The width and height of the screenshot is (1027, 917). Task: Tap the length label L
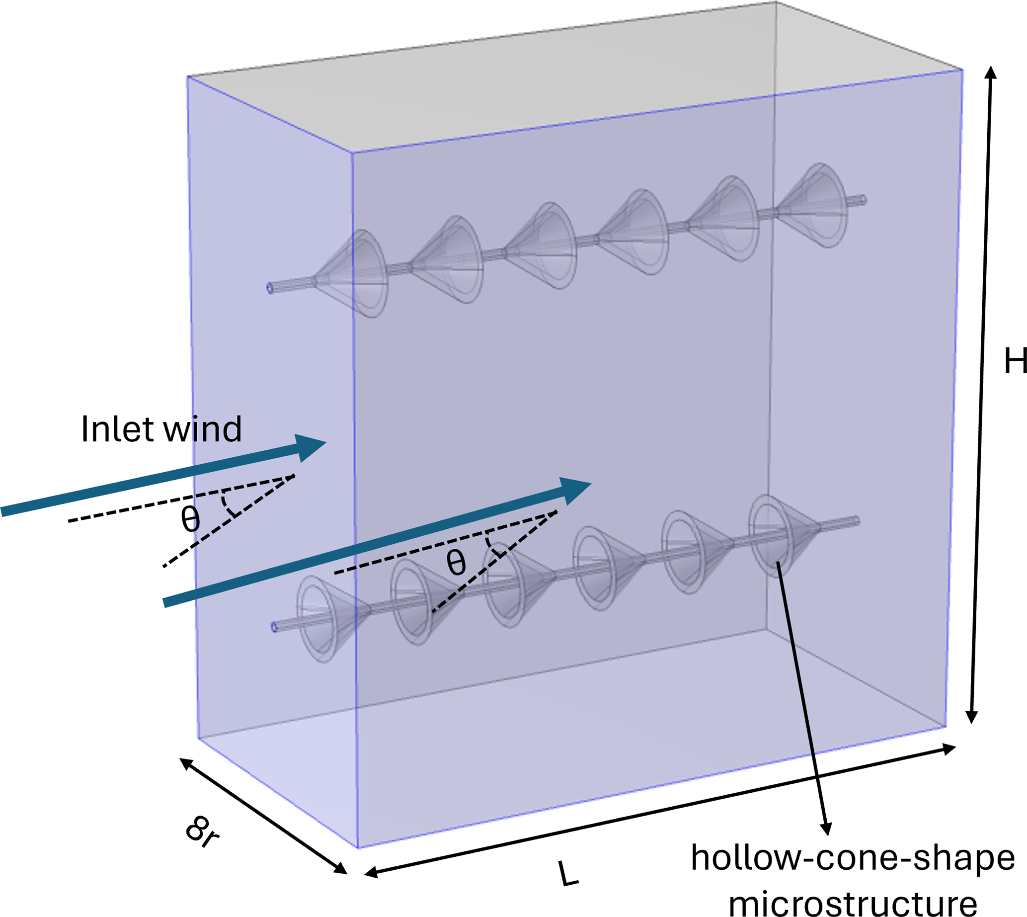tap(569, 874)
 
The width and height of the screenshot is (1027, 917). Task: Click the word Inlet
tap(118, 429)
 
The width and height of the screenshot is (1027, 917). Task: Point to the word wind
tap(204, 429)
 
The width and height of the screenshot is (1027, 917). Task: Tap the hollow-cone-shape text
tap(853, 857)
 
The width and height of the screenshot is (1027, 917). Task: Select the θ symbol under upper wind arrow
tap(190, 519)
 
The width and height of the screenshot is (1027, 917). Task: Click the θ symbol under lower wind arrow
tap(456, 562)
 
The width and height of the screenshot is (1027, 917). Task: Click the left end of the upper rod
tap(270, 288)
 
